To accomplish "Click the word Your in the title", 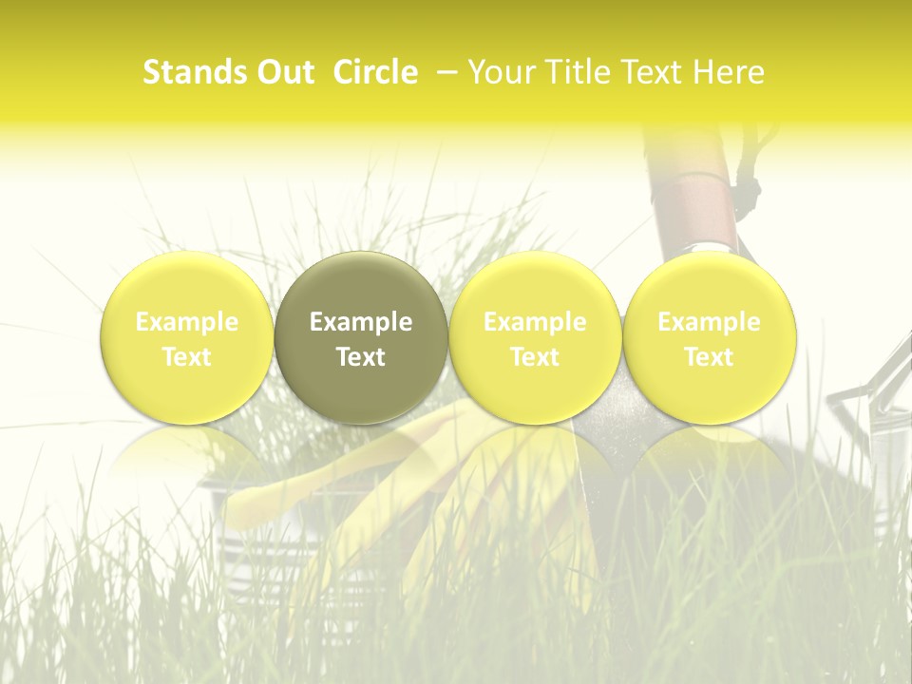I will click(499, 72).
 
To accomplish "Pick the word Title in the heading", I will click(577, 72).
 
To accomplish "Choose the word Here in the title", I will click(730, 72).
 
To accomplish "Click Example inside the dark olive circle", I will click(361, 322).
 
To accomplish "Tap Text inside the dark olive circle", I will click(361, 357).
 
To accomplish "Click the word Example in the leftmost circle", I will click(187, 322).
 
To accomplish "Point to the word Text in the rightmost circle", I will click(709, 357).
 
